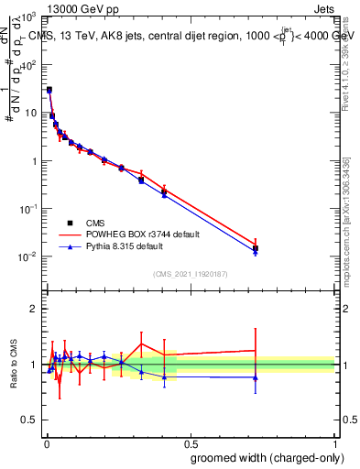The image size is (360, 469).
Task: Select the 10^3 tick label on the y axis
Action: [x=30, y=18]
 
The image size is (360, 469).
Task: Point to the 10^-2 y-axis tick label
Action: [x=30, y=256]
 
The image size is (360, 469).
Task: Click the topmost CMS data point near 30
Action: [x=49, y=90]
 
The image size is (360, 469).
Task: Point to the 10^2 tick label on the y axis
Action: [x=30, y=66]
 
